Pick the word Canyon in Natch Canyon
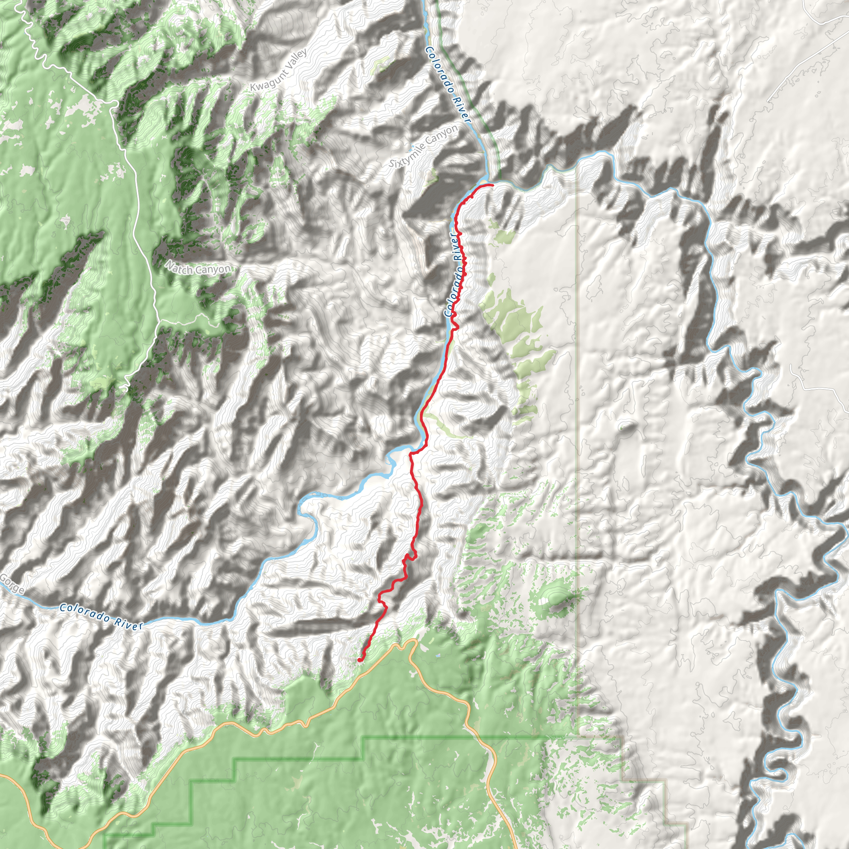pos(213,269)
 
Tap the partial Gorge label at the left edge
pos(12,584)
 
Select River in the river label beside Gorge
pos(129,623)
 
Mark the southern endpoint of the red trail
pos(359,660)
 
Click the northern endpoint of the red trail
pos(492,185)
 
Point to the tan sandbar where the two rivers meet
pos(483,182)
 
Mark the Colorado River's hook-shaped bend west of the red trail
pos(308,512)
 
